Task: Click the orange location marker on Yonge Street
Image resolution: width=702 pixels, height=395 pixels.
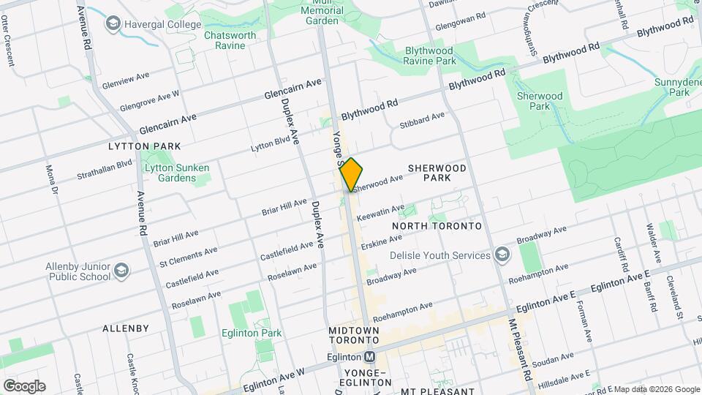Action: tap(352, 175)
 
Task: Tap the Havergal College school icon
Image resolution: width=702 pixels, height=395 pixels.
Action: tap(113, 25)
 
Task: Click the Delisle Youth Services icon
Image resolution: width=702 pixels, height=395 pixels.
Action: tap(502, 255)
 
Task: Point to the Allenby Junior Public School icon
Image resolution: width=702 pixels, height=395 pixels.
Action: tap(122, 271)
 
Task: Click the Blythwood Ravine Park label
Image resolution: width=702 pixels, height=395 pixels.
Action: tap(431, 56)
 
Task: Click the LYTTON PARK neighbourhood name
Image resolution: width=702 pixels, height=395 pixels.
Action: tap(143, 146)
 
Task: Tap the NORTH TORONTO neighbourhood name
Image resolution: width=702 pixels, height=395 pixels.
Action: tap(437, 226)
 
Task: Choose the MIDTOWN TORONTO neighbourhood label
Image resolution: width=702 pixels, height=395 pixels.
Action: tap(354, 336)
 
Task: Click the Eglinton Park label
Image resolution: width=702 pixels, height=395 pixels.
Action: tap(252, 333)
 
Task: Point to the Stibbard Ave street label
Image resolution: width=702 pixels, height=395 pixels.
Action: tap(422, 121)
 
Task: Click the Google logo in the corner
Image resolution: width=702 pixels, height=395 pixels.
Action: tap(24, 386)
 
